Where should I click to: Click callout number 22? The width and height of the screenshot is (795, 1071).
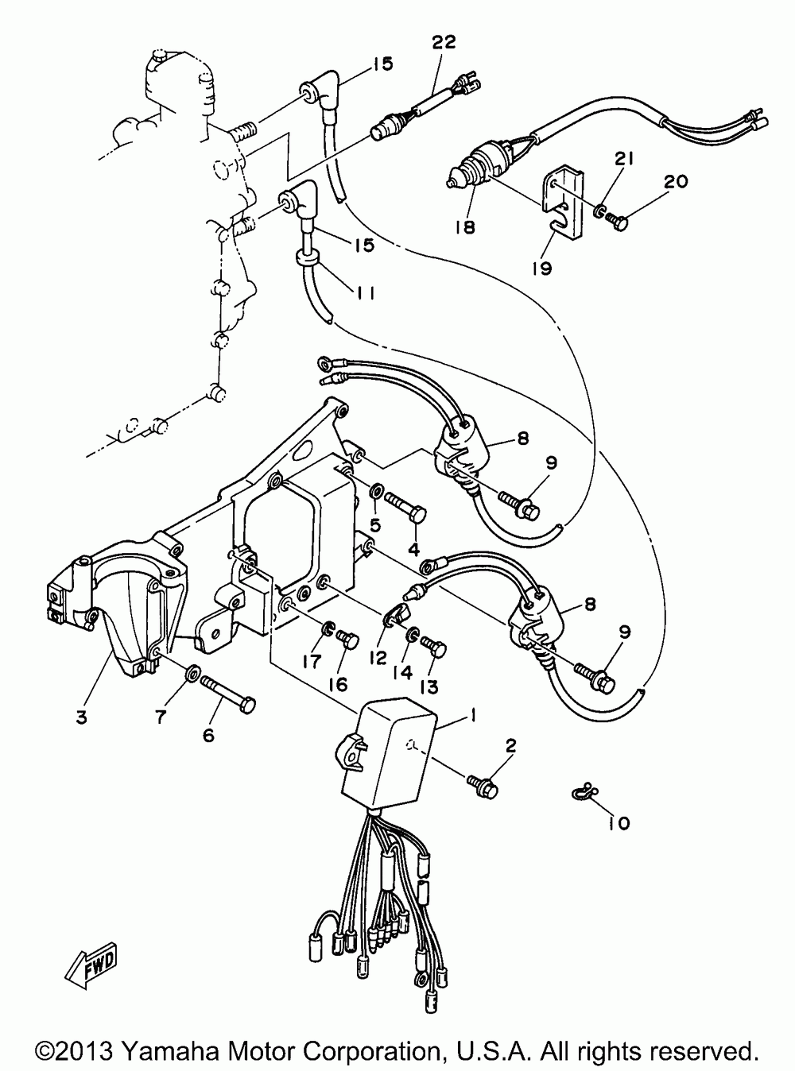(444, 43)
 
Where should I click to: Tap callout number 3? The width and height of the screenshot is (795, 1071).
(81, 717)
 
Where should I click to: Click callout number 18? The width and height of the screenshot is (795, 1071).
(464, 227)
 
